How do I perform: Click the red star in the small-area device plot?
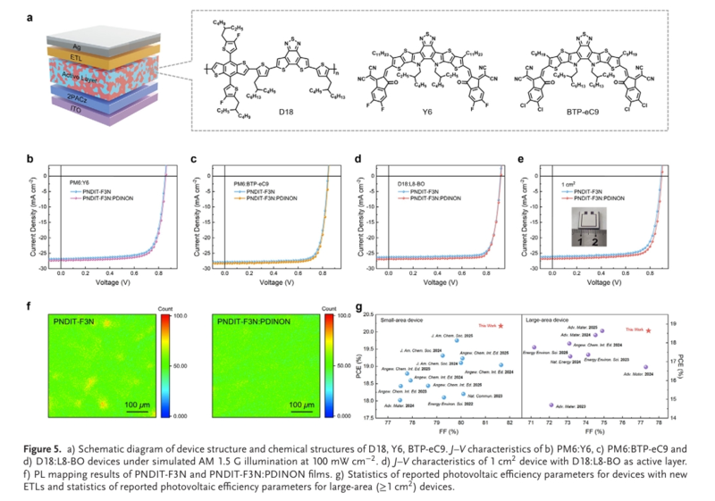501,326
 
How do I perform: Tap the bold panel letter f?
30,307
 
